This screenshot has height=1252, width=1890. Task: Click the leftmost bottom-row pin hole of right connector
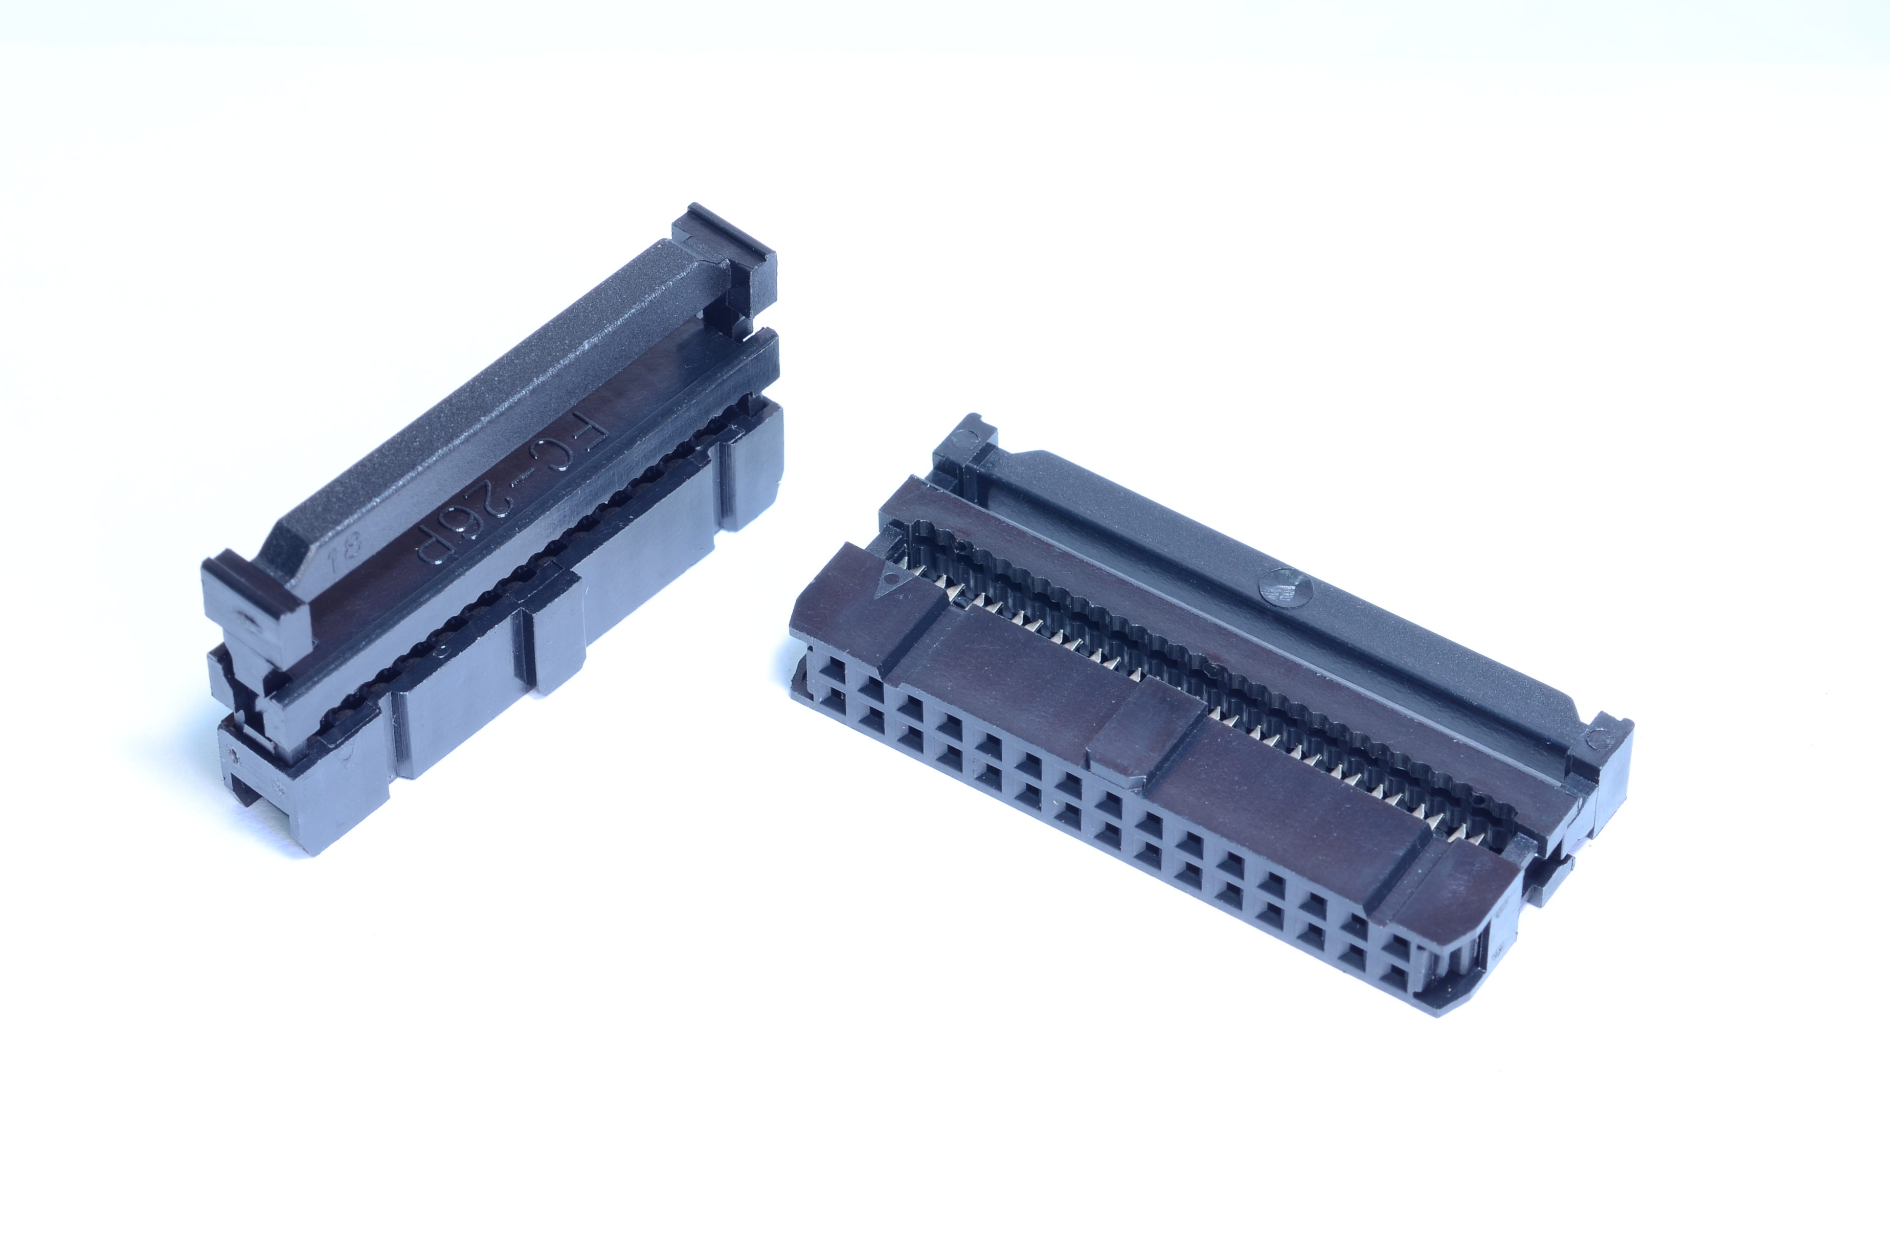[x=823, y=701]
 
